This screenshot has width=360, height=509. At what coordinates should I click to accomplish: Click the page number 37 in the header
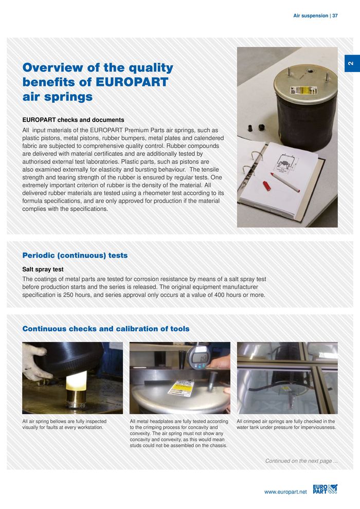335,16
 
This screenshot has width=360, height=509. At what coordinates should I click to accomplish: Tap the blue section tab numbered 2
350,63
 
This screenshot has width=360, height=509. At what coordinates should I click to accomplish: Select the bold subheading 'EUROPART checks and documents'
73,120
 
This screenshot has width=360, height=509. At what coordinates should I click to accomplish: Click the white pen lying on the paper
285,182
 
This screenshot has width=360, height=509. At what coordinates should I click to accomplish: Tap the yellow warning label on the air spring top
296,90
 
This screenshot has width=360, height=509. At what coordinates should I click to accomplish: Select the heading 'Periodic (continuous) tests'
75,256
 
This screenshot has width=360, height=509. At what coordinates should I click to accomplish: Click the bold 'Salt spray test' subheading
43,269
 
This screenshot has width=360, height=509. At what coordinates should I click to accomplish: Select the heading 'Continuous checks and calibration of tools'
106,329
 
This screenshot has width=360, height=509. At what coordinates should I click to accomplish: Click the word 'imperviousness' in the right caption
318,428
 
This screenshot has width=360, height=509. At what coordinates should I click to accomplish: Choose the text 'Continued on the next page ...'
301,461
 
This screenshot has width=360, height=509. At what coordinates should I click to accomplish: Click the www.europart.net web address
285,492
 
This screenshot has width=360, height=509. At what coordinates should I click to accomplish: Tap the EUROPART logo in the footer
325,488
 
